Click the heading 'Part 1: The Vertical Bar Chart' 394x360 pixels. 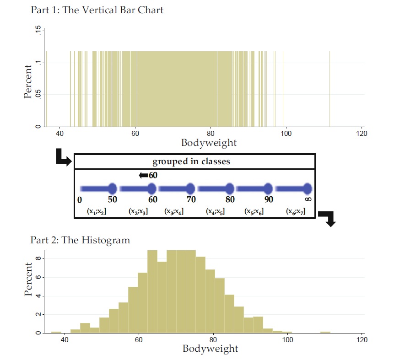[x=97, y=10]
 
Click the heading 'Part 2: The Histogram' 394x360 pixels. [x=80, y=240]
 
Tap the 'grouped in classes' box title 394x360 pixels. [x=191, y=162]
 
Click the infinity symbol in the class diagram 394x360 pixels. [x=308, y=199]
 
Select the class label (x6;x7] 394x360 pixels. [x=296, y=211]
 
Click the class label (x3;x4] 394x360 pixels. [x=174, y=211]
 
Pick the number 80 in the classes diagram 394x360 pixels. [x=230, y=199]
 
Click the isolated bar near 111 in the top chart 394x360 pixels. [x=329, y=89]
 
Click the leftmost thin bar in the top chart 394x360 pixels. [x=47, y=89]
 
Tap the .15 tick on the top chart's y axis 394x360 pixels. [x=38, y=32]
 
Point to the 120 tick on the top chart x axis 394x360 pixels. [x=361, y=134]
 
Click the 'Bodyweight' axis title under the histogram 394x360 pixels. [x=210, y=349]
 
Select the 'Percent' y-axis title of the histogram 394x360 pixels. [x=28, y=279]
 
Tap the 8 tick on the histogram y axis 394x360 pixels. [x=38, y=258]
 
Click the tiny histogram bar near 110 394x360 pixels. [x=325, y=332]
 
